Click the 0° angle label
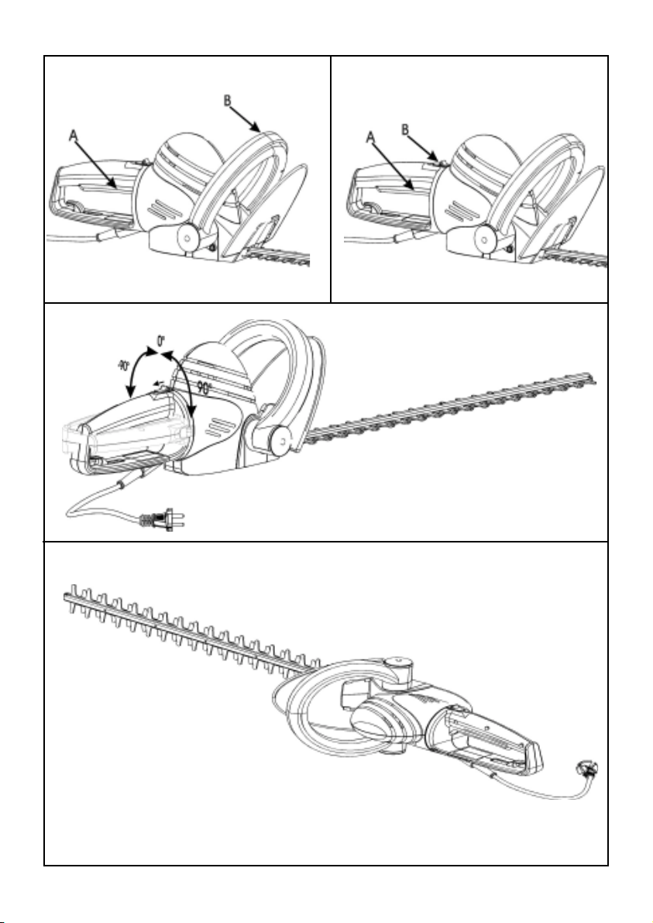click(160, 339)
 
